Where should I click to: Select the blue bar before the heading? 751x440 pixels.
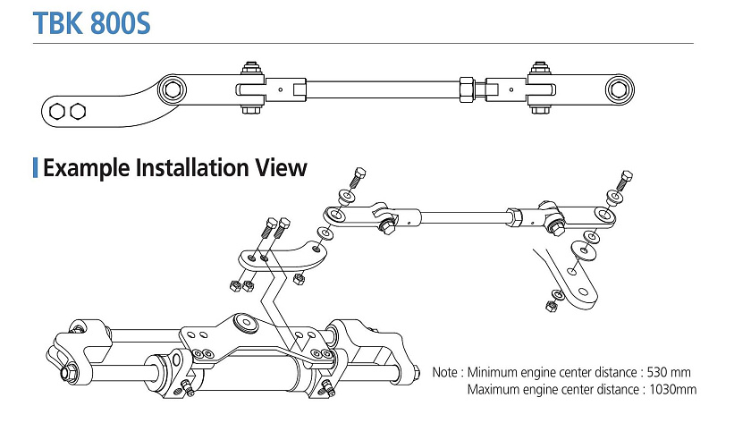point(35,168)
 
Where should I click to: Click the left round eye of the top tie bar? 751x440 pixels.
point(171,90)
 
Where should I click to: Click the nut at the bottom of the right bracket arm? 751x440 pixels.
point(549,308)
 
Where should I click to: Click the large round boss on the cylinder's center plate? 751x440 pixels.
point(242,322)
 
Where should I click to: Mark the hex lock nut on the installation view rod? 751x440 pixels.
point(513,216)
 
